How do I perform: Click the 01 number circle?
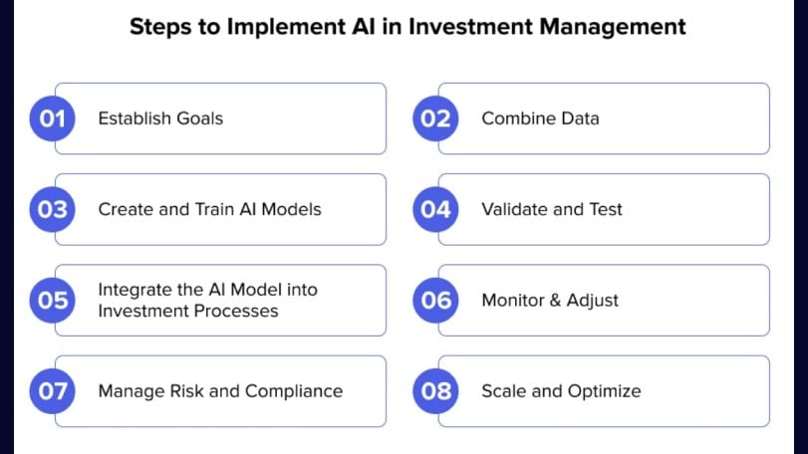click(52, 118)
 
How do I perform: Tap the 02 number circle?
click(435, 118)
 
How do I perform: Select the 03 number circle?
click(52, 209)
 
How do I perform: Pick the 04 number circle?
click(435, 209)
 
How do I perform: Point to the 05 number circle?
click(52, 300)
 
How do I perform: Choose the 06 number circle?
click(435, 300)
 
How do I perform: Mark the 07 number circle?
click(52, 390)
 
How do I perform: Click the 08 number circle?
click(435, 390)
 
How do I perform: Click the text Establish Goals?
click(160, 118)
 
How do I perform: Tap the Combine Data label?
click(540, 118)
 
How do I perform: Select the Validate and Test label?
click(551, 209)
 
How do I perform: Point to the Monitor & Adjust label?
click(550, 300)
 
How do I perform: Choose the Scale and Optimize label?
click(561, 390)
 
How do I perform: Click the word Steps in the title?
click(159, 27)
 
